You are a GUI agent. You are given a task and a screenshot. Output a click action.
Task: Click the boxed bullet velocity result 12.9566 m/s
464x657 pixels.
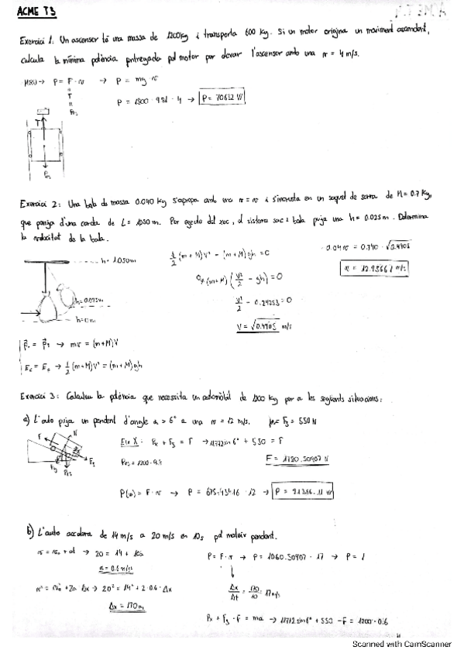click(x=374, y=269)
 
